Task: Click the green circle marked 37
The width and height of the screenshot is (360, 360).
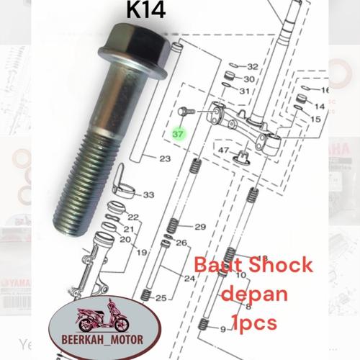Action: pyautogui.click(x=179, y=133)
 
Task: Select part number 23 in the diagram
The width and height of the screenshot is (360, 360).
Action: pyautogui.click(x=165, y=158)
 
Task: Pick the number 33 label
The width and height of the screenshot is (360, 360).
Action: pyautogui.click(x=148, y=195)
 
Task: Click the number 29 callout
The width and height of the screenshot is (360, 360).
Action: pyautogui.click(x=200, y=227)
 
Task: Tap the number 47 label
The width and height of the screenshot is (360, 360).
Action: pyautogui.click(x=224, y=150)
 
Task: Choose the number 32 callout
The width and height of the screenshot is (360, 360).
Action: pyautogui.click(x=252, y=66)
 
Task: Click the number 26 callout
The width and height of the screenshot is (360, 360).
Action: pyautogui.click(x=181, y=242)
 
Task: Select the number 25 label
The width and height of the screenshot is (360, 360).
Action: pyautogui.click(x=161, y=297)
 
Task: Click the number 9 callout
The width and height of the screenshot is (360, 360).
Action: pyautogui.click(x=222, y=329)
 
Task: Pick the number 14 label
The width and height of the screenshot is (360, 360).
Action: pyautogui.click(x=320, y=106)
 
